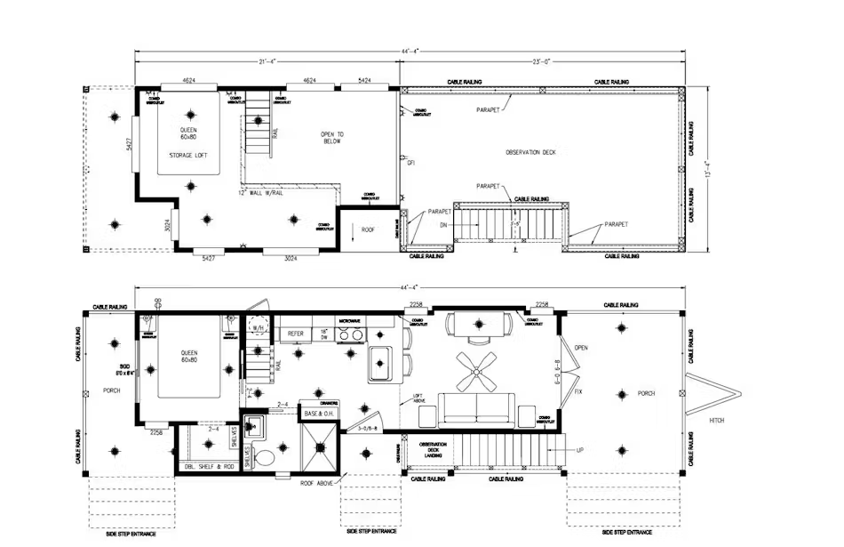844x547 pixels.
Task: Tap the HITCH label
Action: [717, 419]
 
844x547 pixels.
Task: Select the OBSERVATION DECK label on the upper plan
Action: [530, 152]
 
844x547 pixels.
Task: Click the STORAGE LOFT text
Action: [188, 156]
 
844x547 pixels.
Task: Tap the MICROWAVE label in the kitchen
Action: [349, 319]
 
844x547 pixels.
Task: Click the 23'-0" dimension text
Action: [542, 62]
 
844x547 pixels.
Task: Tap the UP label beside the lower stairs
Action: [580, 450]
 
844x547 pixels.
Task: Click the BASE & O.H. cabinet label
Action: [318, 414]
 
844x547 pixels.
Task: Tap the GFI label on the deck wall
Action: [411, 164]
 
